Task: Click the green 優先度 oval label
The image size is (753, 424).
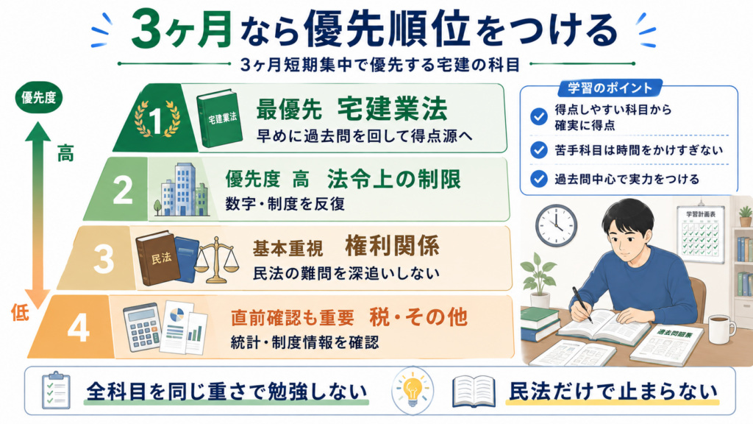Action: point(39,98)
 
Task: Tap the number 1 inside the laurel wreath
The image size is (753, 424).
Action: point(156,119)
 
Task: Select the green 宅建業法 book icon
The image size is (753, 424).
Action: point(219,118)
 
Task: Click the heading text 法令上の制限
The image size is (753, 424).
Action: point(394,180)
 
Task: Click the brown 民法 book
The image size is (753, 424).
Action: point(157,258)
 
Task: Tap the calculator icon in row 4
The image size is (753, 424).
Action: point(142,326)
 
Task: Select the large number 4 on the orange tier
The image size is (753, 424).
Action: point(79,328)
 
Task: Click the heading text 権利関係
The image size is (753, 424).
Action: point(392,246)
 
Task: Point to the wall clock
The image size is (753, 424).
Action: point(556,225)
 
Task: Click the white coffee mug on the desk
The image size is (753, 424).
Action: point(721,329)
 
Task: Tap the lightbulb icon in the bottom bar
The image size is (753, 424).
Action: point(412,390)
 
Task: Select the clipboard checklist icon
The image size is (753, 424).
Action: point(56,390)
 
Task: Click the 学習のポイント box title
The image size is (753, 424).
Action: point(610,88)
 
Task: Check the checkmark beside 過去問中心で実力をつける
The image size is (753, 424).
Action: point(539,180)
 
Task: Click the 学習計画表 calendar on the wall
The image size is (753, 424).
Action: point(700,235)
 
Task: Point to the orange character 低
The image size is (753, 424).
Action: point(20,312)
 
